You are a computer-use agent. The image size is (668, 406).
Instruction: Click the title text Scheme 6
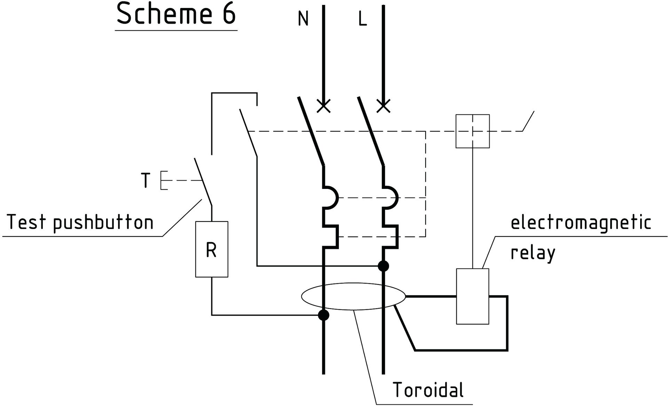(x=176, y=14)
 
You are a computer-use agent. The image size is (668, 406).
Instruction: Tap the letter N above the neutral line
(x=303, y=19)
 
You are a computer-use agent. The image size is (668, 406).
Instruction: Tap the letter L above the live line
(x=363, y=19)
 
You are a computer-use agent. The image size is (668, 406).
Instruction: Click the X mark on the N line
(x=324, y=106)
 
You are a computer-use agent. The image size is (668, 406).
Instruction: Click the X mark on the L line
(x=383, y=106)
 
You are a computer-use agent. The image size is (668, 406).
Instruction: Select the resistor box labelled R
(x=212, y=249)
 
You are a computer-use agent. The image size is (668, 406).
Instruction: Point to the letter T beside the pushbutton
(x=145, y=181)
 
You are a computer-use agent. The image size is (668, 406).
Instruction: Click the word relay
(x=533, y=253)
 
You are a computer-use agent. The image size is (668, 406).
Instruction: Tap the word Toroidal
(x=428, y=390)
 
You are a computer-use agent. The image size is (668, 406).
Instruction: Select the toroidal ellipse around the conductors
(x=353, y=296)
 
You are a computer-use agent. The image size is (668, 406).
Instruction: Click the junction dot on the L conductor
(x=383, y=266)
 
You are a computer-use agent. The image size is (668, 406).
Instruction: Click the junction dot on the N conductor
(x=324, y=315)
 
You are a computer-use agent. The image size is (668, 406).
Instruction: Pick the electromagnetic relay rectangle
(x=472, y=296)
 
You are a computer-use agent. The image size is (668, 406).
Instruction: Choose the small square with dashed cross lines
(x=472, y=131)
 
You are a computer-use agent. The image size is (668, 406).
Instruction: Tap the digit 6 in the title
(x=229, y=14)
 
